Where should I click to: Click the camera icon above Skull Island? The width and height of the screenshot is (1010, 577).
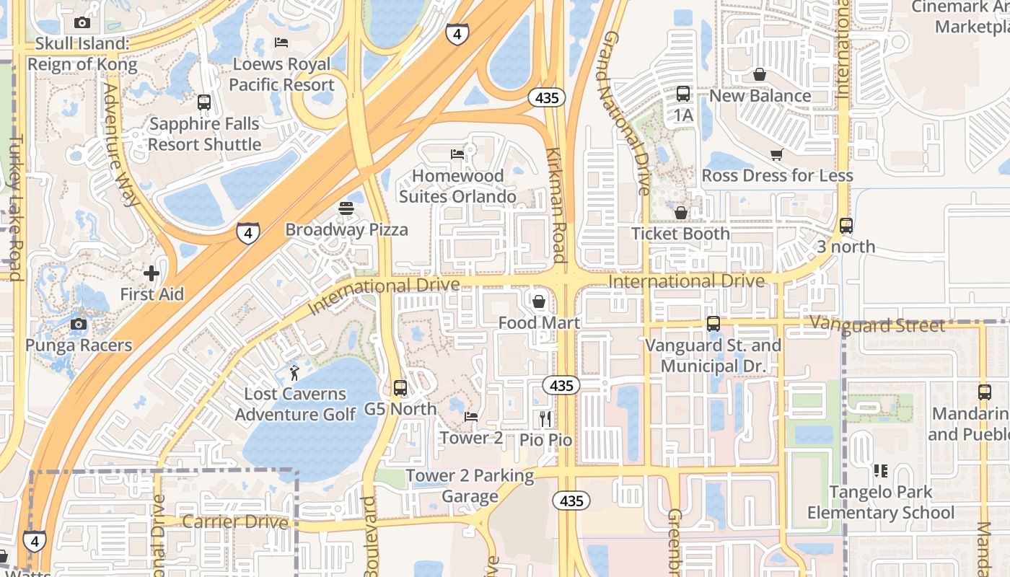click(x=82, y=22)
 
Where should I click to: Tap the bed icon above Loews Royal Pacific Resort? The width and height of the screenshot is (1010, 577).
click(x=281, y=42)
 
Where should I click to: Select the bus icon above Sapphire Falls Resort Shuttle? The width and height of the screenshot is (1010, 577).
click(x=204, y=102)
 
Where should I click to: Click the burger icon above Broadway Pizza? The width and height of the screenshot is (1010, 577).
click(x=346, y=208)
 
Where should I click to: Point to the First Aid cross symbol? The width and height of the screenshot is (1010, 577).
click(x=151, y=273)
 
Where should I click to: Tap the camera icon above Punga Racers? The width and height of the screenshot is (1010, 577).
click(x=79, y=324)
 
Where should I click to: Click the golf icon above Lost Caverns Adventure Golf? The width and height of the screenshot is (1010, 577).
click(x=294, y=373)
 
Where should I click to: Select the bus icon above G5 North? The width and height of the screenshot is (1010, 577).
click(x=400, y=388)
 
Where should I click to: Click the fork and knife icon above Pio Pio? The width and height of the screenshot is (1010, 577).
click(x=545, y=418)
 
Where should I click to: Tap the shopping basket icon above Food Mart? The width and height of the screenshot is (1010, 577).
click(x=538, y=301)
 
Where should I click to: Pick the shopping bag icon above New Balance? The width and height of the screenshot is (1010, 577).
click(x=760, y=74)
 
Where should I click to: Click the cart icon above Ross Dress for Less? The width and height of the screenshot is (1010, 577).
click(x=777, y=154)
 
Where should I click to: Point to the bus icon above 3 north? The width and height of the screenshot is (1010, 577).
click(x=846, y=226)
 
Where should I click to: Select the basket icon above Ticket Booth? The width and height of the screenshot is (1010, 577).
click(x=680, y=213)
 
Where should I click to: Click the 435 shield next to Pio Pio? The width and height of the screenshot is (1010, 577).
click(x=561, y=386)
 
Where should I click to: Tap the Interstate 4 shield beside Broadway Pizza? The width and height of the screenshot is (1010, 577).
click(x=247, y=233)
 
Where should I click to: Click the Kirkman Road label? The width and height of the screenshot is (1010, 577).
click(x=555, y=204)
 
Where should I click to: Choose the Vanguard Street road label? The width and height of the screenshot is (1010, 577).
click(x=877, y=325)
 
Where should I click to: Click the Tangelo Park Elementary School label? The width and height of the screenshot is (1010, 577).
click(x=880, y=503)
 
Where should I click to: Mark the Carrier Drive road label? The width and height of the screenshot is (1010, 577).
click(x=235, y=521)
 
